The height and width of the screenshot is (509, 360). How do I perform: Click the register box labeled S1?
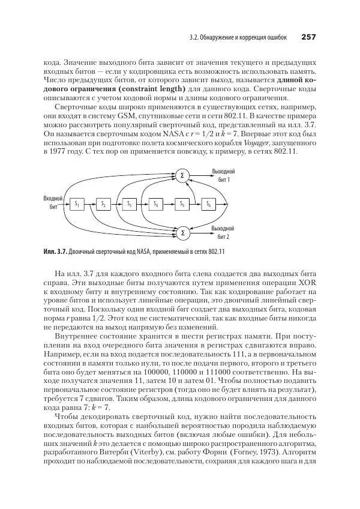[x=77, y=205]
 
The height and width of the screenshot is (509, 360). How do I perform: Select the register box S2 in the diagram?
[x=103, y=205]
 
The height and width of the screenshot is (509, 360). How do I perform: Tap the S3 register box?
[x=129, y=205]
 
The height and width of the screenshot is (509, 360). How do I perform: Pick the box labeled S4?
[x=155, y=205]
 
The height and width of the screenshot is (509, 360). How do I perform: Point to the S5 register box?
[x=182, y=205]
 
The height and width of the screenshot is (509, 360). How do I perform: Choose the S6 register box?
[x=208, y=205]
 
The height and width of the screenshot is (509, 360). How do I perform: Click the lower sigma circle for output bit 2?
[x=182, y=232]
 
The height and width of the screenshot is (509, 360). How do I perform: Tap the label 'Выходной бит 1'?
[x=223, y=175]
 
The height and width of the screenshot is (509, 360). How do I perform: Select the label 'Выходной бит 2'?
[x=223, y=232]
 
